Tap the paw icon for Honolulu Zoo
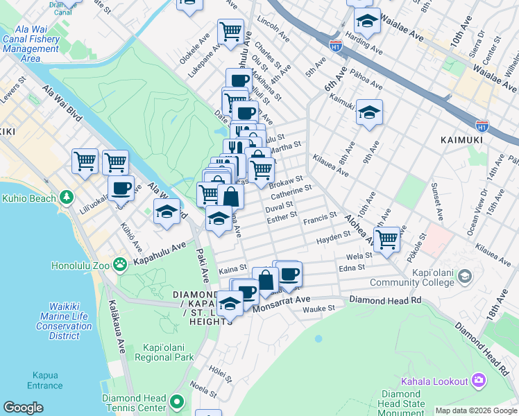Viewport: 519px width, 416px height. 120,263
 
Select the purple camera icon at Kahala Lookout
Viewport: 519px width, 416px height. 479,380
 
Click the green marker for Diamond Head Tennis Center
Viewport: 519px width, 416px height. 178,401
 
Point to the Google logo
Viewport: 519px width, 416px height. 23,408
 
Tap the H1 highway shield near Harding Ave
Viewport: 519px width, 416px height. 336,46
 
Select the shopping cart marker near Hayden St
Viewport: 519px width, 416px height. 386,239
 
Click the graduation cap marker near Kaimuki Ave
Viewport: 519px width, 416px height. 370,112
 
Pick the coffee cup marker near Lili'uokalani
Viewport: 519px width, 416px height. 121,188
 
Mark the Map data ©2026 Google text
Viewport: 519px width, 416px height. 475,410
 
